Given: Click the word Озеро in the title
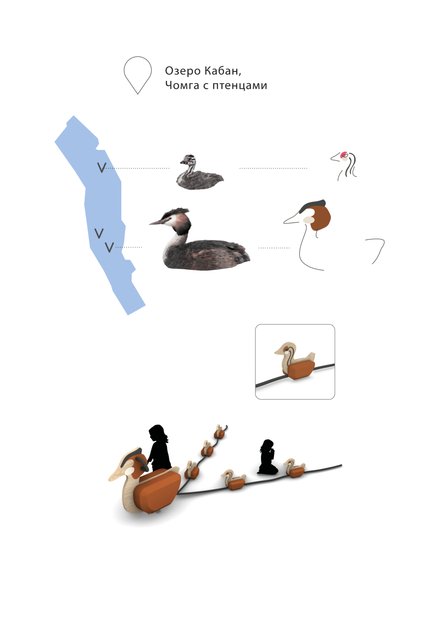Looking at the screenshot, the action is coord(183,71).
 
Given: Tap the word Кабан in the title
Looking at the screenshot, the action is coord(223,71).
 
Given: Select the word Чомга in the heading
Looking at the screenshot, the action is coord(182,86).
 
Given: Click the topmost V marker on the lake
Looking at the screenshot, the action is coord(102,168).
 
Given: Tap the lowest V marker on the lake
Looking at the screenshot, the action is coord(109,247).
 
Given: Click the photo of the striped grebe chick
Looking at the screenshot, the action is coord(199,172).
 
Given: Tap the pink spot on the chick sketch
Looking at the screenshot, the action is coord(344,155).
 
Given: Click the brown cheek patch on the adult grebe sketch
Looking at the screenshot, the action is coord(320,218).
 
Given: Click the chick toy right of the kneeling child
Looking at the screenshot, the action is coord(295,468).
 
